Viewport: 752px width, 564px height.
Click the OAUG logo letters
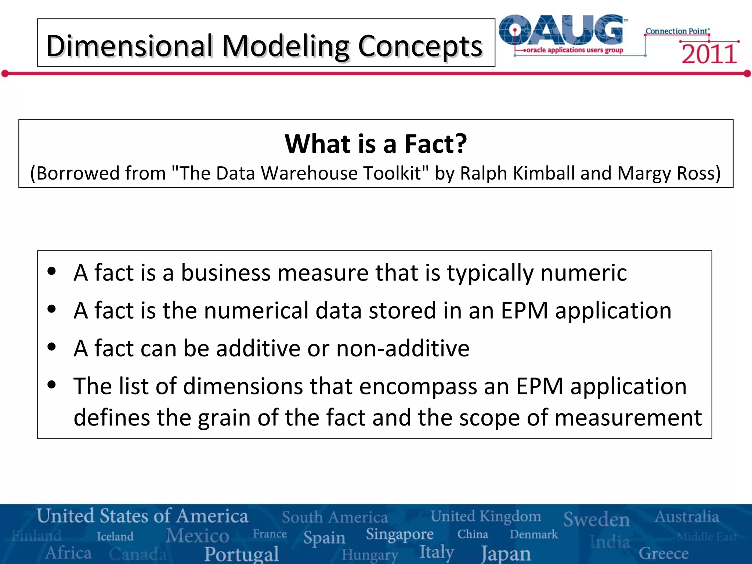562,30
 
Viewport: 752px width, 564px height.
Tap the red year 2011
709,54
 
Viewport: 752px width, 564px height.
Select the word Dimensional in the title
129,46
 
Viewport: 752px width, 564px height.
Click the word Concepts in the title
420,46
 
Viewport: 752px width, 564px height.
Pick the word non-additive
403,348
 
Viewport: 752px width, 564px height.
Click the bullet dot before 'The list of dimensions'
52,385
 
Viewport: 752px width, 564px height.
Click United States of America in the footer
142,516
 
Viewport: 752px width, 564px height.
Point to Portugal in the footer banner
242,554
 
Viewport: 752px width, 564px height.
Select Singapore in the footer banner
399,534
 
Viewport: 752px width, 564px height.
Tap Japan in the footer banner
506,553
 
